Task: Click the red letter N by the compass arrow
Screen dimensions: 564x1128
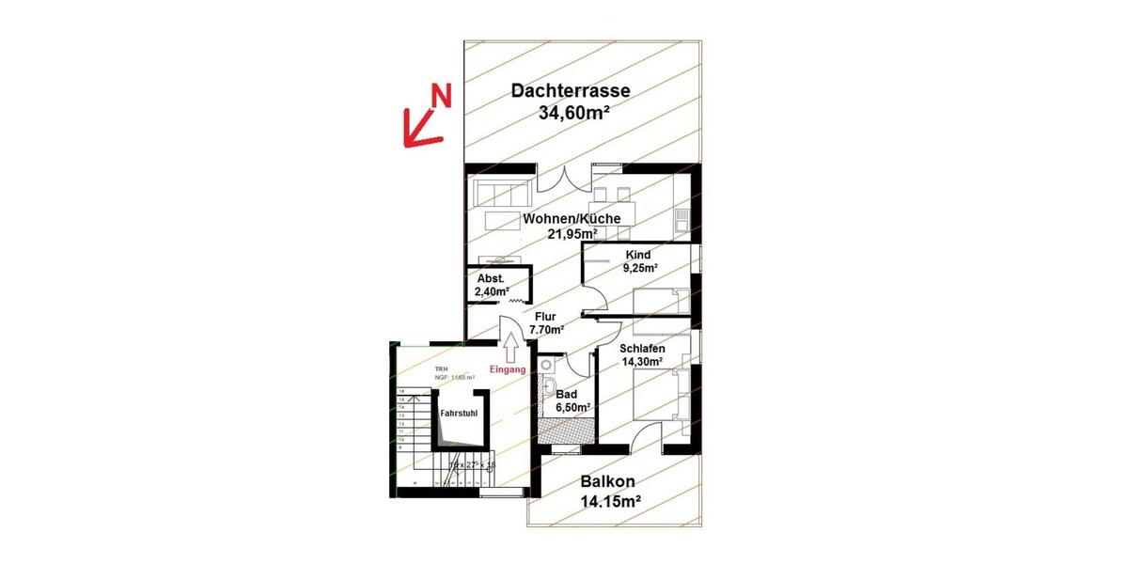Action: [441, 94]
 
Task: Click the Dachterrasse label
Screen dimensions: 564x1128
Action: [570, 91]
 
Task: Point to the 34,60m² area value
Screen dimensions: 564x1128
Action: [574, 114]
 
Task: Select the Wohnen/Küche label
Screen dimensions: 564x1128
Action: [572, 218]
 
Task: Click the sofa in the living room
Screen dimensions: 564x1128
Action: [502, 194]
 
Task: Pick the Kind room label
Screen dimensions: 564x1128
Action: [637, 255]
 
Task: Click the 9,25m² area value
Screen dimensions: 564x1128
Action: [639, 268]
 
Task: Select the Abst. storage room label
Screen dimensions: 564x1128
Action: [491, 279]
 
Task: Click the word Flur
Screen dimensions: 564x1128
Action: [546, 317]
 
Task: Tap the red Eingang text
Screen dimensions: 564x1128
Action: [508, 369]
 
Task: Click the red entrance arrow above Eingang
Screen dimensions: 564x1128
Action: [509, 349]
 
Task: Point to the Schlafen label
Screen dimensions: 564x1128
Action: [642, 348]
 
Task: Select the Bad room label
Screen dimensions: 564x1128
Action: [567, 394]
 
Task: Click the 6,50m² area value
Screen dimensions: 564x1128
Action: [572, 408]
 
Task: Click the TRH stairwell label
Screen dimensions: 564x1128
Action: [442, 369]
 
